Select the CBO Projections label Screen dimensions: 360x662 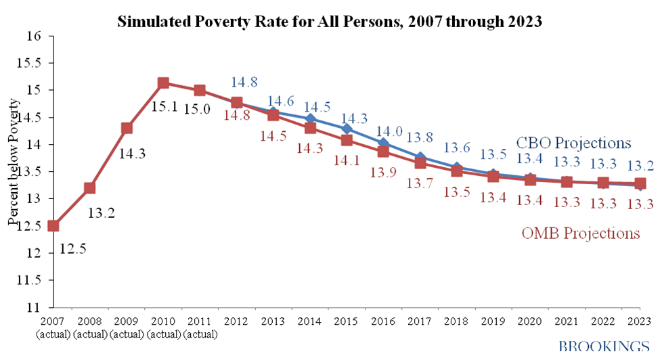pyautogui.click(x=574, y=143)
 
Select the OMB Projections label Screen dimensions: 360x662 pyautogui.click(x=581, y=233)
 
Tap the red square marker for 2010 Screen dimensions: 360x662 pyautogui.click(x=163, y=83)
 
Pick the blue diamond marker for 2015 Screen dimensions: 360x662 pyautogui.click(x=347, y=129)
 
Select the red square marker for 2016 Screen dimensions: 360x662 pyautogui.click(x=383, y=151)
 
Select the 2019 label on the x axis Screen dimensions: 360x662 pyautogui.click(x=493, y=319)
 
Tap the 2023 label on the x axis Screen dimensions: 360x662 pyautogui.click(x=640, y=319)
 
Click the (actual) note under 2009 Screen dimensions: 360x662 pyautogui.click(x=127, y=332)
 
